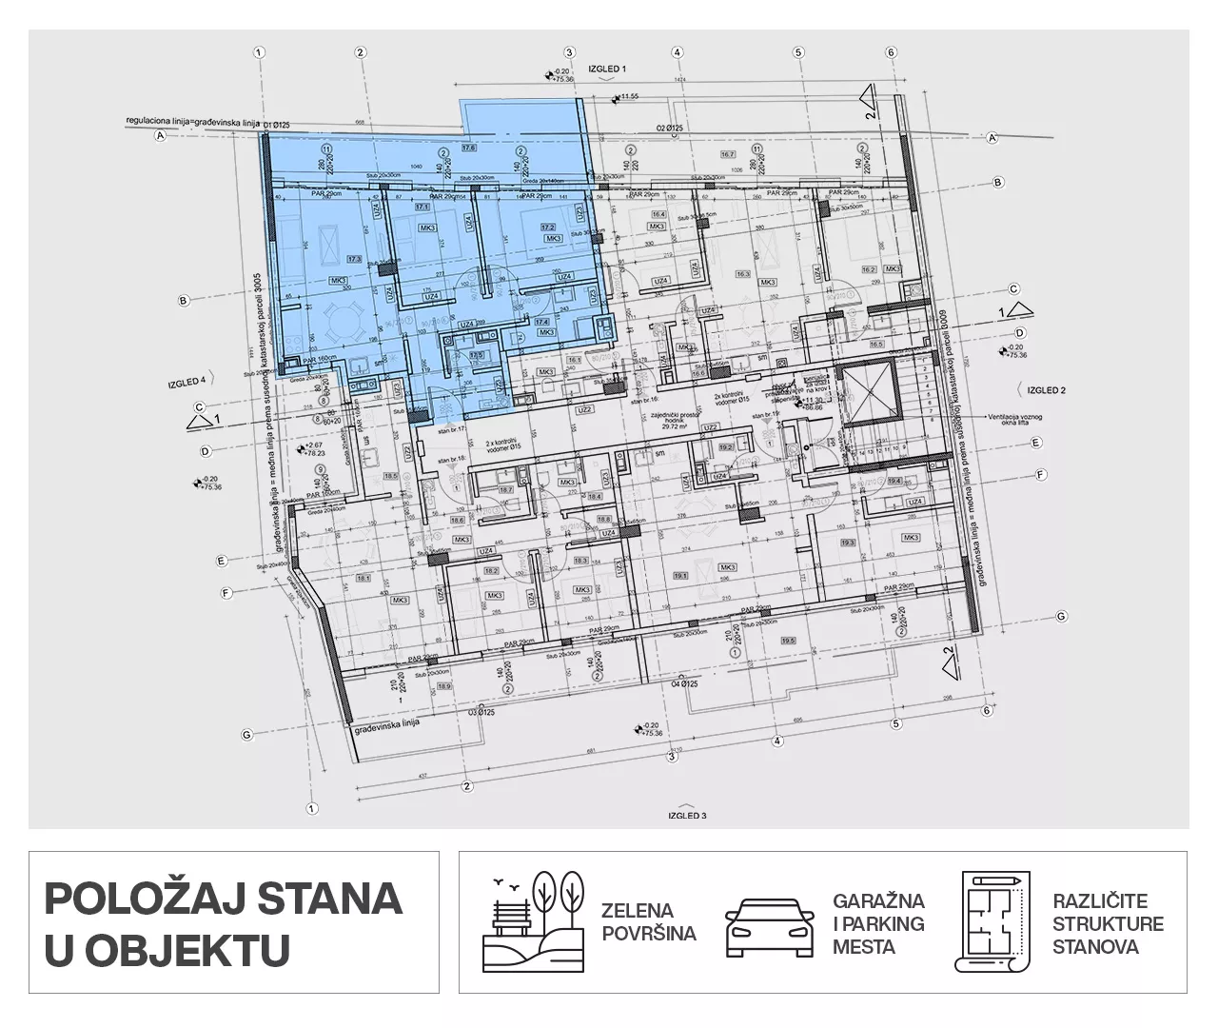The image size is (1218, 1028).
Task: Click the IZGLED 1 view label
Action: (607, 69)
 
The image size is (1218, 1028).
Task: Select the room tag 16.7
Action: (728, 154)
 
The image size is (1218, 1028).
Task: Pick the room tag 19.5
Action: (786, 639)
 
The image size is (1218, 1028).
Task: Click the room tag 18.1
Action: (363, 578)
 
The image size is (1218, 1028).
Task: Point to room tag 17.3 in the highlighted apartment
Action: (355, 259)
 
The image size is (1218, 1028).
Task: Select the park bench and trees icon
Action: (534, 920)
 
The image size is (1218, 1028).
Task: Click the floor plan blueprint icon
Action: (992, 920)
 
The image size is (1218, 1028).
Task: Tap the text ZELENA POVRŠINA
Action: (648, 921)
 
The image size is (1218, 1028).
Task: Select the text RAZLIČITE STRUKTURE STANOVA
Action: (1108, 922)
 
